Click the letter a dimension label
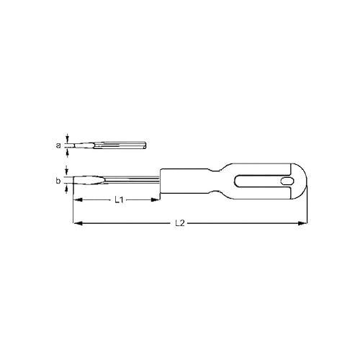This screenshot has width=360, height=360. pyautogui.click(x=58, y=145)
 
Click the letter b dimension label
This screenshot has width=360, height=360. pyautogui.click(x=58, y=181)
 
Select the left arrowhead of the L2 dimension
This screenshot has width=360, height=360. pyautogui.click(x=75, y=224)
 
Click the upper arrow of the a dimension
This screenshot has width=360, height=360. pyautogui.click(x=67, y=138)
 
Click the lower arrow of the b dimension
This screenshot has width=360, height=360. pyautogui.click(x=67, y=189)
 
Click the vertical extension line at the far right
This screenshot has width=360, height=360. pyautogui.click(x=307, y=212)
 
